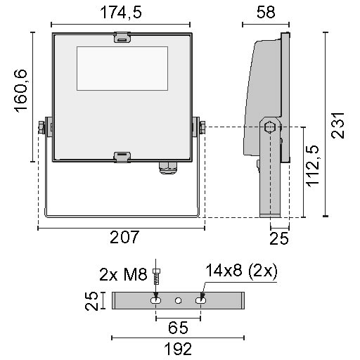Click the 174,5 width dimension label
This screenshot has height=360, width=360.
point(121,12)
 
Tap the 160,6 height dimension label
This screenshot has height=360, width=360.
point(21,91)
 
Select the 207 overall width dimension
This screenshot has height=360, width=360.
point(124,237)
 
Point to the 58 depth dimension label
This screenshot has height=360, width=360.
point(266,12)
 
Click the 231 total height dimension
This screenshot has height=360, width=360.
point(337,126)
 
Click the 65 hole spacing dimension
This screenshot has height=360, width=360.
point(178,328)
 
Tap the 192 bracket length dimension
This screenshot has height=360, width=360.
point(178,349)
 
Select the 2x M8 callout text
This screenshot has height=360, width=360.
point(123,274)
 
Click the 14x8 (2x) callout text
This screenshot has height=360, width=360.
point(241,271)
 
